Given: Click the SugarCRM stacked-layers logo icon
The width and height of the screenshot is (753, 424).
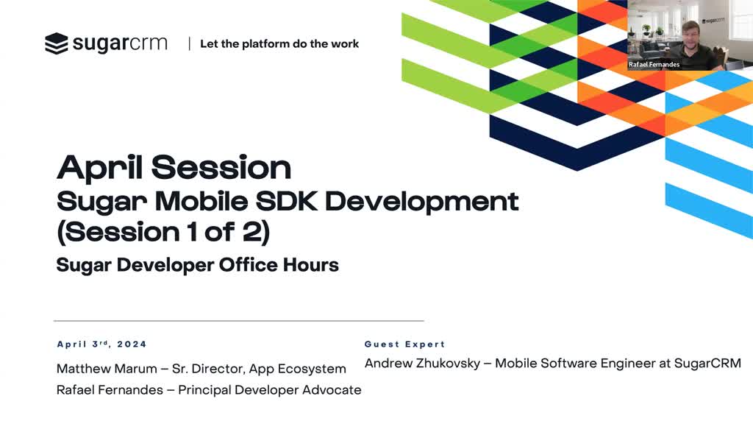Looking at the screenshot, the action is click(x=56, y=43).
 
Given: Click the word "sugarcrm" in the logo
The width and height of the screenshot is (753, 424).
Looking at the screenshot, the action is click(x=120, y=43).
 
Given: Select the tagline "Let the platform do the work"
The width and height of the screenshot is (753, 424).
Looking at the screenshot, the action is click(x=279, y=43).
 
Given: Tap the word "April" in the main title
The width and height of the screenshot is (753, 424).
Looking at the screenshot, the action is click(x=100, y=168).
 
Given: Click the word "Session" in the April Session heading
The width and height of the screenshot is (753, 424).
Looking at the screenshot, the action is click(x=221, y=167).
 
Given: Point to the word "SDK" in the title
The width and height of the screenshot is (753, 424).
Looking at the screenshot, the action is click(x=286, y=202).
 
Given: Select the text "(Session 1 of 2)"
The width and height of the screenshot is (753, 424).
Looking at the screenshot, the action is click(x=163, y=232).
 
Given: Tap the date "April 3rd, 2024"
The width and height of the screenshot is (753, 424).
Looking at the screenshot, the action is click(x=101, y=344).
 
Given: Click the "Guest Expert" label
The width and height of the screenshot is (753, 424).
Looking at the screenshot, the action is click(x=405, y=344).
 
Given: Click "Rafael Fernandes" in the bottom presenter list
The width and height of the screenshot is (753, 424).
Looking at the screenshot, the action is click(x=110, y=390).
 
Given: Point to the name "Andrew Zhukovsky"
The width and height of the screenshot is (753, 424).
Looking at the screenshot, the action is click(x=422, y=364).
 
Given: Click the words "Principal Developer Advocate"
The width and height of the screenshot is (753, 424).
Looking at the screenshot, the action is click(x=269, y=390).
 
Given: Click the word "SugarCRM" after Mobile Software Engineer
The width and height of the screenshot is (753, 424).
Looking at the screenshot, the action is click(x=707, y=364).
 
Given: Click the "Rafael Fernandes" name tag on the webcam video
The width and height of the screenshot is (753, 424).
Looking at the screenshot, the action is click(x=654, y=65).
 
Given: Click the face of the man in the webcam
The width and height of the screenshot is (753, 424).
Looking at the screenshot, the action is click(x=690, y=35).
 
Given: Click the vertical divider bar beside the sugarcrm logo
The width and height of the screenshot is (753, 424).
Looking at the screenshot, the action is click(x=189, y=43).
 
